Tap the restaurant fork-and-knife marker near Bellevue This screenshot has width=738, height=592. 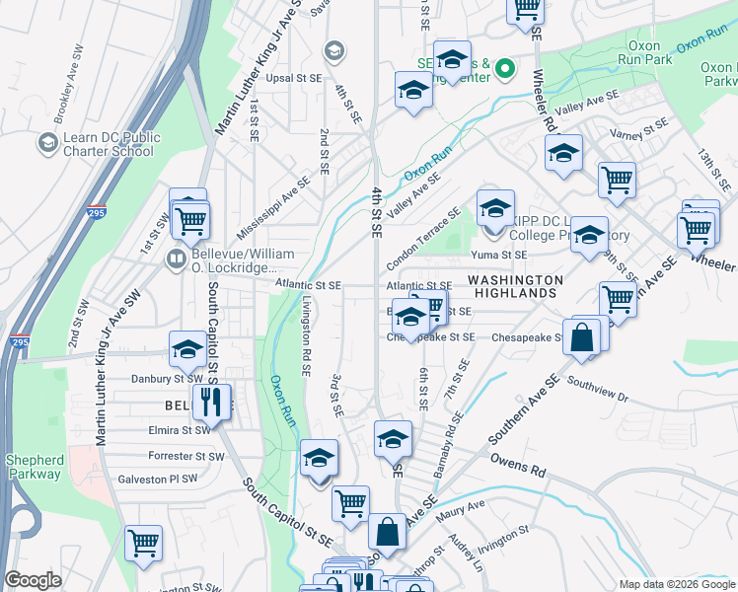click(210, 400)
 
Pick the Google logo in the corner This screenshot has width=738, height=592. click(33, 580)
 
